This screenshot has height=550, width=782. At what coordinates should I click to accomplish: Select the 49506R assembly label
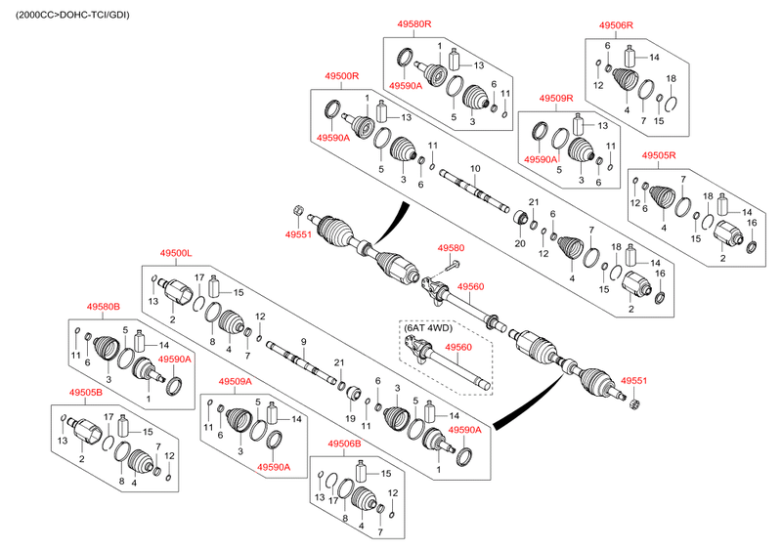[x=616, y=25]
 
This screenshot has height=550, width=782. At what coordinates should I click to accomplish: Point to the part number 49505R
[x=659, y=155]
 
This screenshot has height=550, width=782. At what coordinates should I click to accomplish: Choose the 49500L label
[x=177, y=253]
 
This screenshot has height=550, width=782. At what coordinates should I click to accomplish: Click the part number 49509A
[x=235, y=381]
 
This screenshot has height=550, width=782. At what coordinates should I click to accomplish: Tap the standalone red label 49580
[x=451, y=248]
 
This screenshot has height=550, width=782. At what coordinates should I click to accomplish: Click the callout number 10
[x=475, y=169]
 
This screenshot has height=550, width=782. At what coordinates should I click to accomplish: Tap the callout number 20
[x=520, y=242]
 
